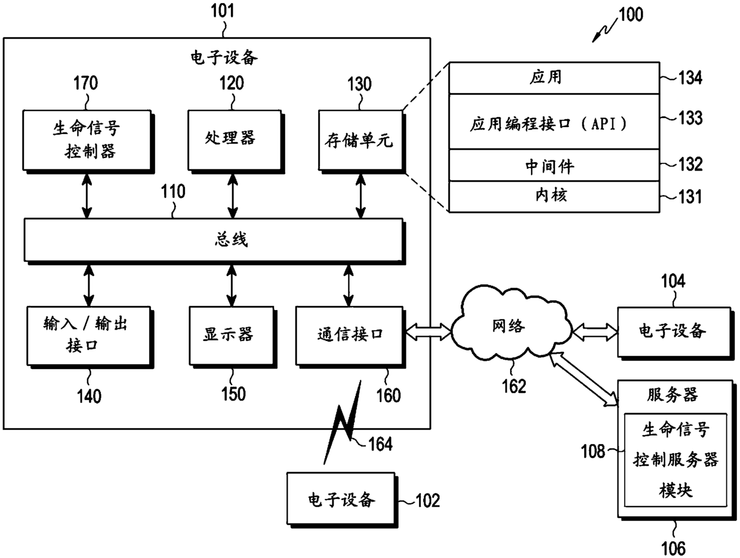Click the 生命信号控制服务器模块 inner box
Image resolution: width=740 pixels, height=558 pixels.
[676, 460]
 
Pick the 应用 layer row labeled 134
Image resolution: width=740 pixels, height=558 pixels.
[554, 77]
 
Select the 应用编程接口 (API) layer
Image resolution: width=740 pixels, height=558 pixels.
[554, 122]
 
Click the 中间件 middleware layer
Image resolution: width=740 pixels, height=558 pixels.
[554, 165]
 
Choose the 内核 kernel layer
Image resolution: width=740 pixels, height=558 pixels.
[554, 197]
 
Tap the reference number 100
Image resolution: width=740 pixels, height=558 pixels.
[631, 14]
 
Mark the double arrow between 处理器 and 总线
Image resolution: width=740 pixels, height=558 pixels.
[233, 196]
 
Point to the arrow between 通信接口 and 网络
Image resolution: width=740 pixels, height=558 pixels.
[428, 332]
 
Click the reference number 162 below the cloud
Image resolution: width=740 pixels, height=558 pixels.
[514, 386]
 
